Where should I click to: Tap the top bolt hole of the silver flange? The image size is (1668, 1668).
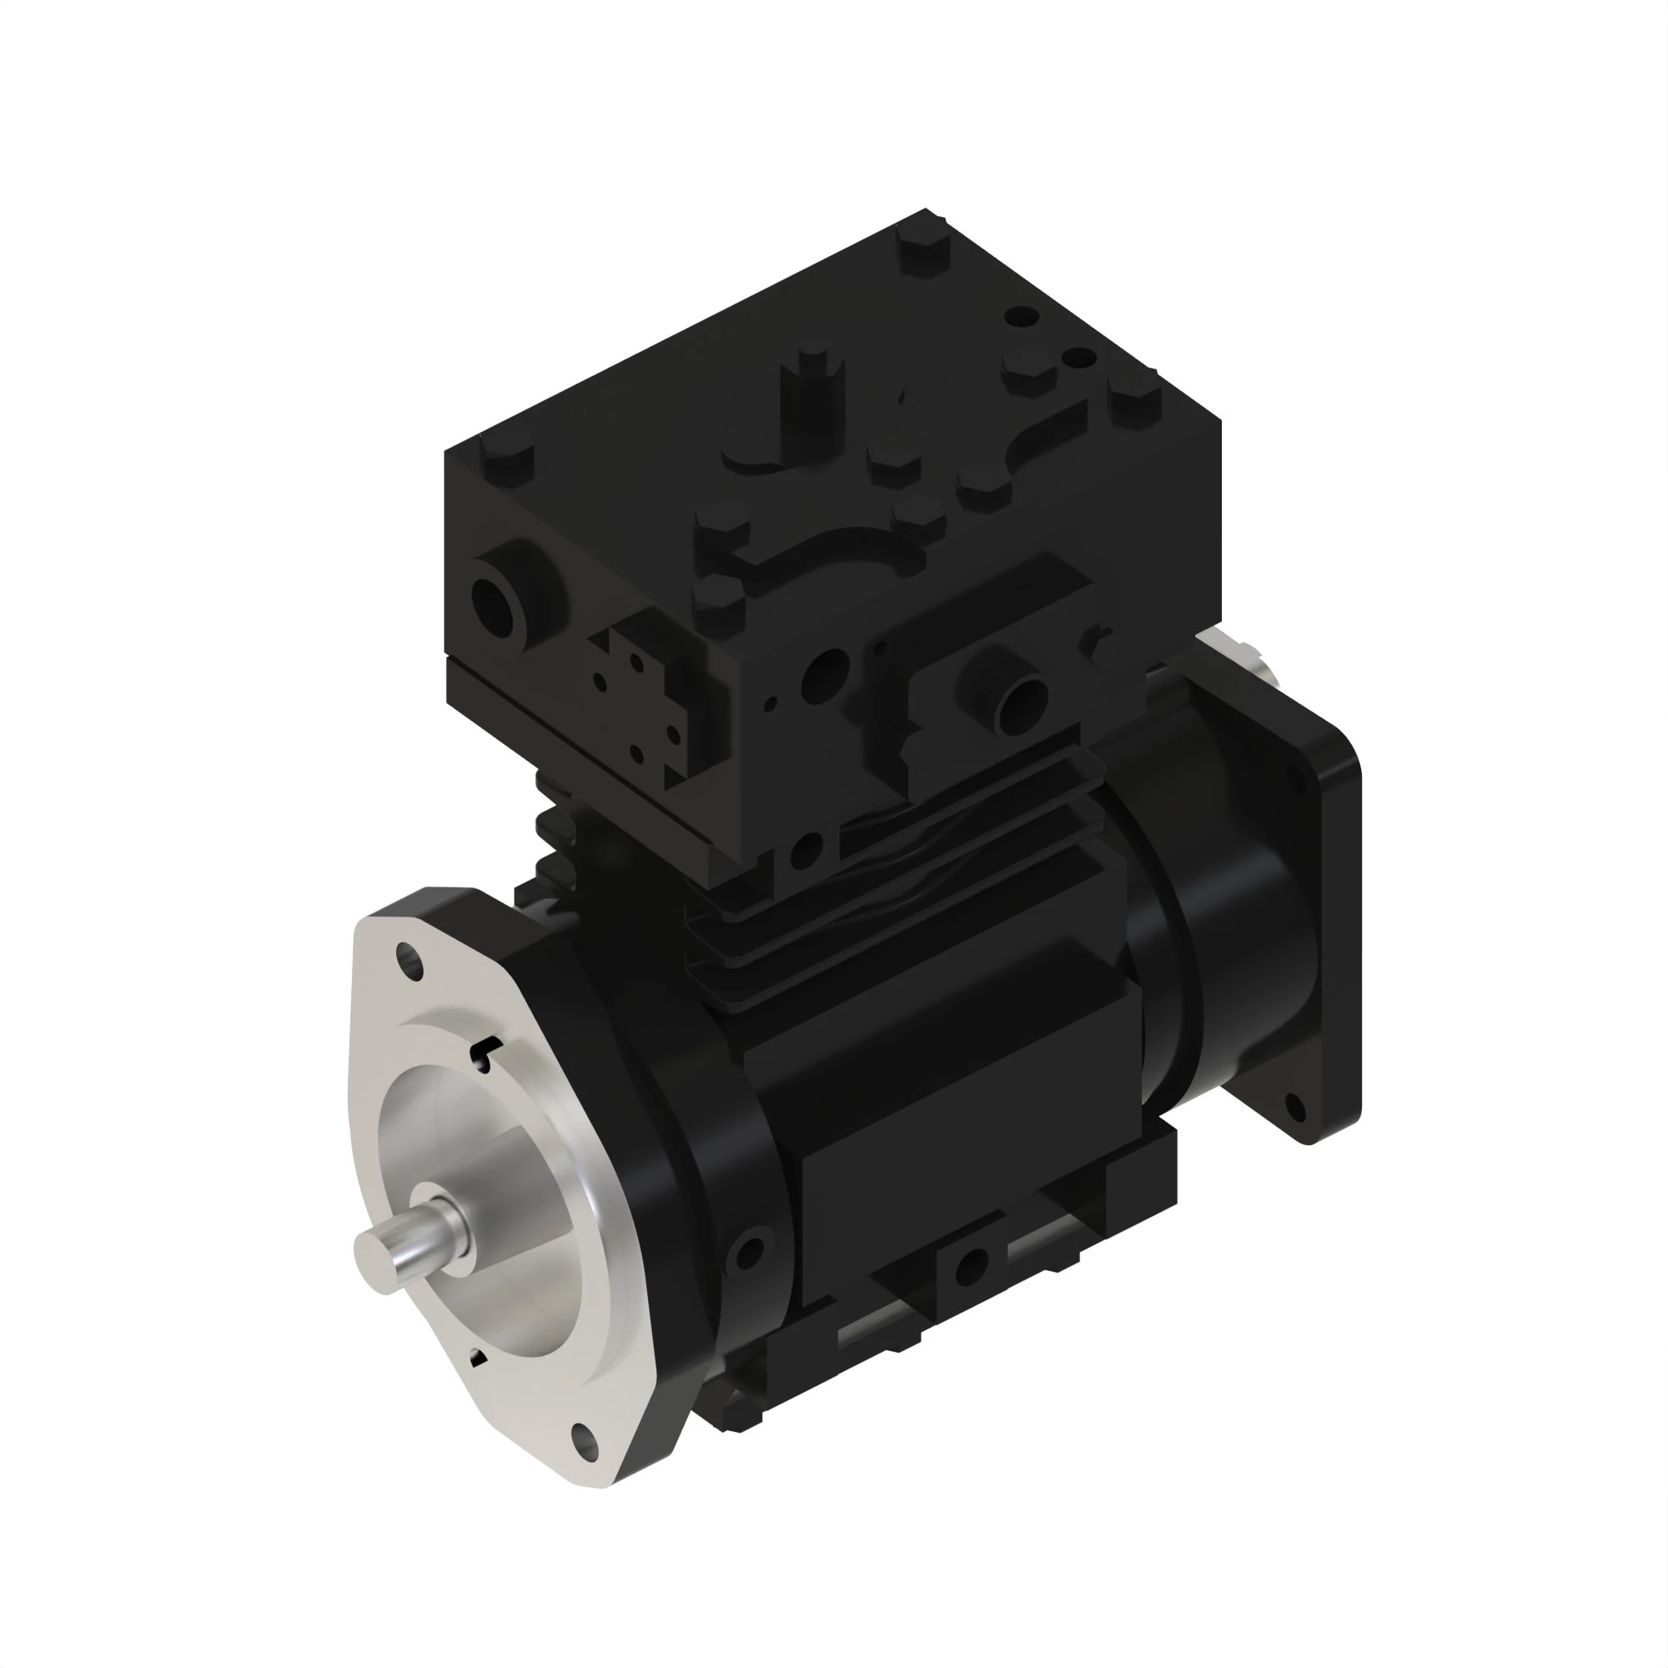(x=410, y=960)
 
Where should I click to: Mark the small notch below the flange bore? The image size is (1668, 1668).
(x=476, y=1358)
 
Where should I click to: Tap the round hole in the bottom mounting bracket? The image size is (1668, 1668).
(x=972, y=1266)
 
